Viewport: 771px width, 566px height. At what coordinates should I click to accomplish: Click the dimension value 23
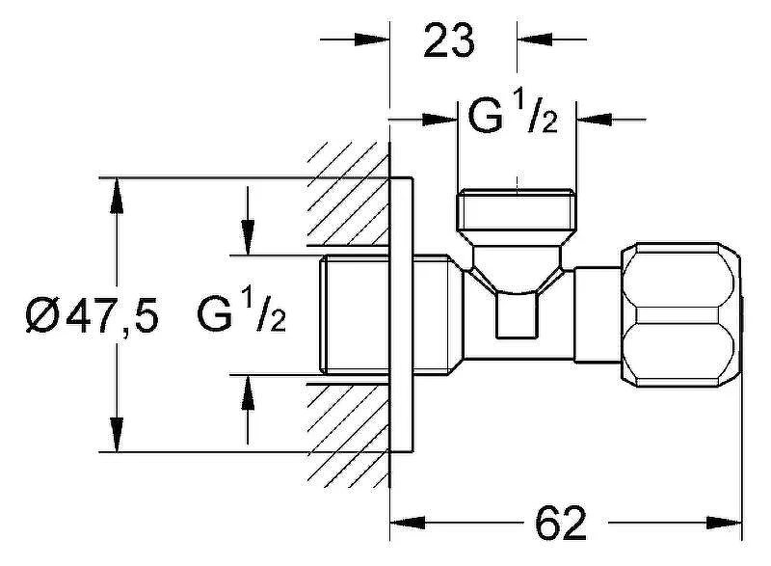[449, 40]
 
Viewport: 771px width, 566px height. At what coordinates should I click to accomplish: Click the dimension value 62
[561, 523]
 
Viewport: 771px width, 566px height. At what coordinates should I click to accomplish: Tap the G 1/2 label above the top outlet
[513, 117]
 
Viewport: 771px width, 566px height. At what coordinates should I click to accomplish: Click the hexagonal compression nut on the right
[681, 314]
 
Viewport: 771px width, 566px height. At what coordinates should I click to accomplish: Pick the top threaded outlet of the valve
[517, 210]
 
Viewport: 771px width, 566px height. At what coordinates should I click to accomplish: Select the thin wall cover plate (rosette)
[401, 314]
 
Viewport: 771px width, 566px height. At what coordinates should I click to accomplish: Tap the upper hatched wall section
[348, 194]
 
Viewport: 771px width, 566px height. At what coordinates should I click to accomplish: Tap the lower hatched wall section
[348, 435]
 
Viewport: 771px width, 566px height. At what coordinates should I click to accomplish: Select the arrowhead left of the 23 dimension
[372, 40]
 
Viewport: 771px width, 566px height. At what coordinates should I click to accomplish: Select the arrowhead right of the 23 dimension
[535, 40]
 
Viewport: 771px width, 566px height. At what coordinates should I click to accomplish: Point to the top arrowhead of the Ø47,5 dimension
[117, 195]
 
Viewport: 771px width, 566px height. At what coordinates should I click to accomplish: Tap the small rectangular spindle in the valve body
[517, 314]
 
